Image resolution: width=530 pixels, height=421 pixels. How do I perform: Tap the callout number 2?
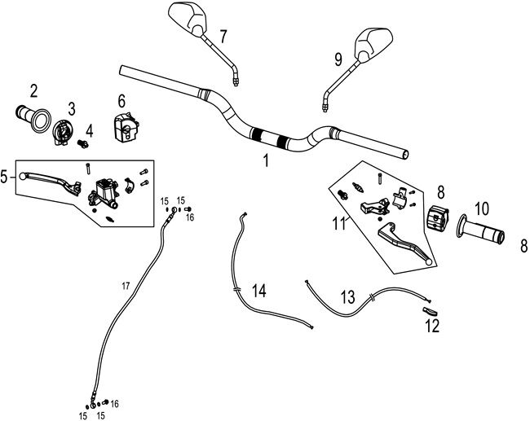(x=34, y=90)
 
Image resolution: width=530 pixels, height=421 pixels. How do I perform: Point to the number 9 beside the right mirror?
(x=338, y=58)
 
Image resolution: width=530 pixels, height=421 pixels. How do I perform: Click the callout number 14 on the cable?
(x=258, y=291)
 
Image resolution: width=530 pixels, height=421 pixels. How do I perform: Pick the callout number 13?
(x=347, y=297)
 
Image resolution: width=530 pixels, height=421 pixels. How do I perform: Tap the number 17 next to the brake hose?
(x=126, y=284)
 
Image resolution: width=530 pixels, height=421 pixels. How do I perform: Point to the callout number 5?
(x=6, y=175)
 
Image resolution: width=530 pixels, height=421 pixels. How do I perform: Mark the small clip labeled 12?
(x=430, y=310)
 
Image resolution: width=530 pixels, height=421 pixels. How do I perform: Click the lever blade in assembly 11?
(x=404, y=243)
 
